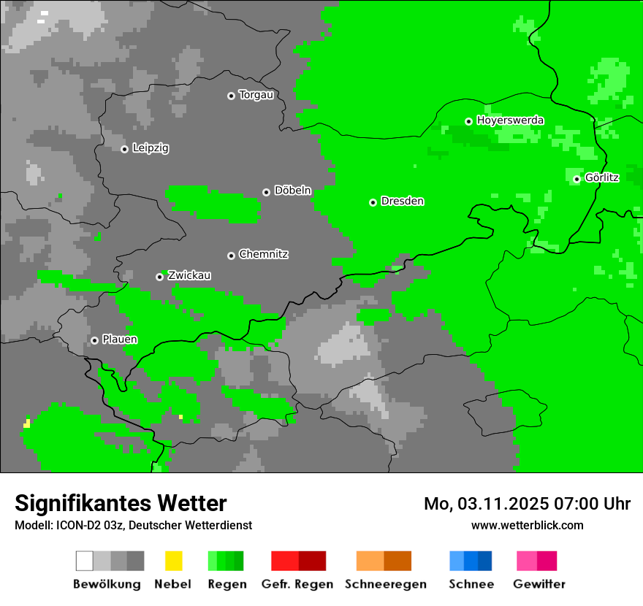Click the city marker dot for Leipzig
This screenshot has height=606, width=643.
tap(124, 149)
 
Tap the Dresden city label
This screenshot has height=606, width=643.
tap(402, 201)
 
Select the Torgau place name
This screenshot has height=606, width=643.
tap(256, 95)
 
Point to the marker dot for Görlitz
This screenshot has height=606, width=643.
tap(577, 179)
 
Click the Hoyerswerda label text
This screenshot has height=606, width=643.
tap(510, 120)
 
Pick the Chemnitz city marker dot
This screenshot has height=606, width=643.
tap(231, 256)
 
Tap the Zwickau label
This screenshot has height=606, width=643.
tap(189, 275)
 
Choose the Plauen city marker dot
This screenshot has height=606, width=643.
tap(94, 340)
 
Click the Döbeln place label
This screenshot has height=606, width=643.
tap(292, 191)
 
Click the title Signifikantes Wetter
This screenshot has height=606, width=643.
tap(121, 503)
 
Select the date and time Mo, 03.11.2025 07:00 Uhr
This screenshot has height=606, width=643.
tap(527, 504)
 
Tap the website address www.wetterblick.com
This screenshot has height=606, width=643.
tap(527, 525)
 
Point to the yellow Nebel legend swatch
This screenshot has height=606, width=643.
tap(173, 561)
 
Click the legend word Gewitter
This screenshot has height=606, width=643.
tap(539, 584)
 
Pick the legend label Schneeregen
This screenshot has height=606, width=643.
tap(385, 584)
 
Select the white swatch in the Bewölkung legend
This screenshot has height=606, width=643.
tap(85, 561)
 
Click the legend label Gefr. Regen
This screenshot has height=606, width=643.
tap(297, 584)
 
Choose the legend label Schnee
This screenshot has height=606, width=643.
tap(471, 584)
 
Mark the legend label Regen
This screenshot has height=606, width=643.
tap(226, 584)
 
